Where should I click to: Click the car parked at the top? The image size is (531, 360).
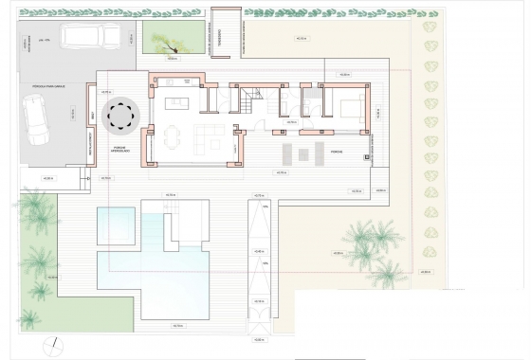91,36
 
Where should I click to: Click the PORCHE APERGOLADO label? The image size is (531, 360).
121,149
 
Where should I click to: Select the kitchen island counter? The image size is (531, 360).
176,103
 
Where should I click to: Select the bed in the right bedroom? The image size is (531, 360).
352,107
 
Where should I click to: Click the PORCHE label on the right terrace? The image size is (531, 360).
337,151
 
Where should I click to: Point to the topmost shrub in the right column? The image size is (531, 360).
430,26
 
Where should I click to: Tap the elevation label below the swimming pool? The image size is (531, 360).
177,325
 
